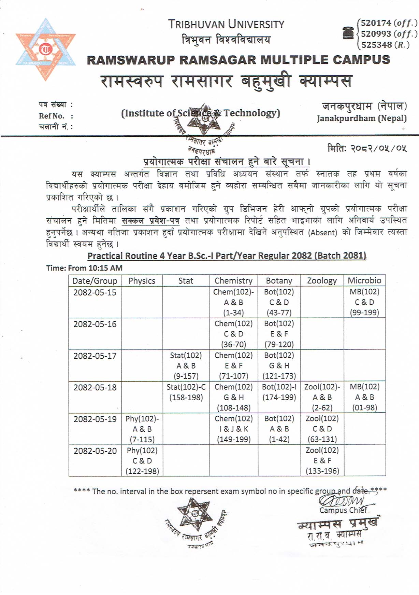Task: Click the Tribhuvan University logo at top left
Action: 45,50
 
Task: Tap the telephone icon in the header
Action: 348,33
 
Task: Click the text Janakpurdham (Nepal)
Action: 362,119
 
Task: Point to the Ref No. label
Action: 52,116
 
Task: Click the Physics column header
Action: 142,281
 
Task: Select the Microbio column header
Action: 364,280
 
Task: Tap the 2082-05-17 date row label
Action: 95,356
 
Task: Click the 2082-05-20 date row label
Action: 95,451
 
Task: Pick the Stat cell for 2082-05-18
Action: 186,392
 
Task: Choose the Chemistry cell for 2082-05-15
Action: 233,302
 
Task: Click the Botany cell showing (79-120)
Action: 279,334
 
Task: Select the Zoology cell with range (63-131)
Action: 322,429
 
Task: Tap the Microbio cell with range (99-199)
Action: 364,302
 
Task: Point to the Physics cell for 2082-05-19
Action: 142,429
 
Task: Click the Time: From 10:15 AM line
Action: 84,268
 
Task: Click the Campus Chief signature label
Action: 343,510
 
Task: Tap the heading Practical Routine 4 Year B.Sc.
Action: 227,256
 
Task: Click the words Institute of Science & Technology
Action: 201,113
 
